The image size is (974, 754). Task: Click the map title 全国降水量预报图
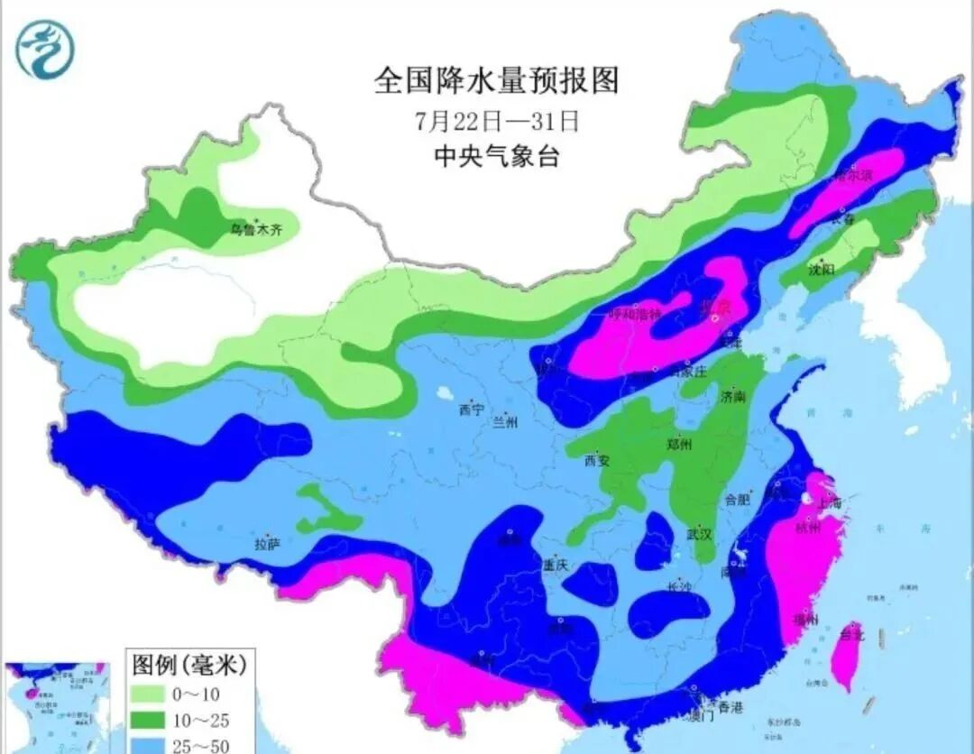click(x=497, y=80)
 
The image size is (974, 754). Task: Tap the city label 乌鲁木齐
click(x=256, y=231)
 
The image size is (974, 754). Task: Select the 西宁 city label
click(x=471, y=410)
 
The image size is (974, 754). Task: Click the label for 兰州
click(x=505, y=422)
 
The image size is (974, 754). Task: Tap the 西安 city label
click(x=597, y=461)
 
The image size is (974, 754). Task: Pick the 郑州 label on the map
click(x=678, y=445)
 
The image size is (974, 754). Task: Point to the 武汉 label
click(x=699, y=534)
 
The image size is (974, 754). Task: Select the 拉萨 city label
click(x=268, y=544)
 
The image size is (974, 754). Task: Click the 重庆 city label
click(x=555, y=565)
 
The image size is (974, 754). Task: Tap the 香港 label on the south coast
click(x=725, y=707)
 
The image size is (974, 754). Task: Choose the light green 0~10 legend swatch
click(x=152, y=694)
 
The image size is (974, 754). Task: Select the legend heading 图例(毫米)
click(x=188, y=666)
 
